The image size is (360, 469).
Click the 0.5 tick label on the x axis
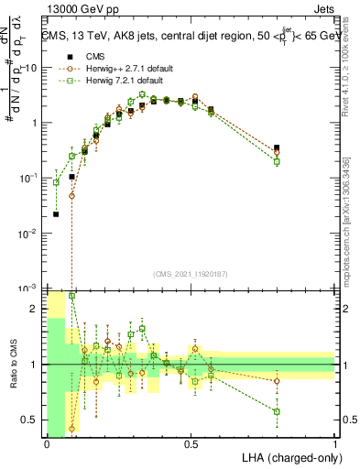[191, 443]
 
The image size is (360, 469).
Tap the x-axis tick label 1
[335, 443]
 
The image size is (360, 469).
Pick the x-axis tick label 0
[47, 443]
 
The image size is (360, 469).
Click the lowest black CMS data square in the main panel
[57, 214]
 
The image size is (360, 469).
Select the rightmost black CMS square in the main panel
[277, 147]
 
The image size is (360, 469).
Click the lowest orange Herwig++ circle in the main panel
[71, 196]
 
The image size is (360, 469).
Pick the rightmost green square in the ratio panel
[277, 411]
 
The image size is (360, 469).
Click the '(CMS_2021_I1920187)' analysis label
[191, 274]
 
